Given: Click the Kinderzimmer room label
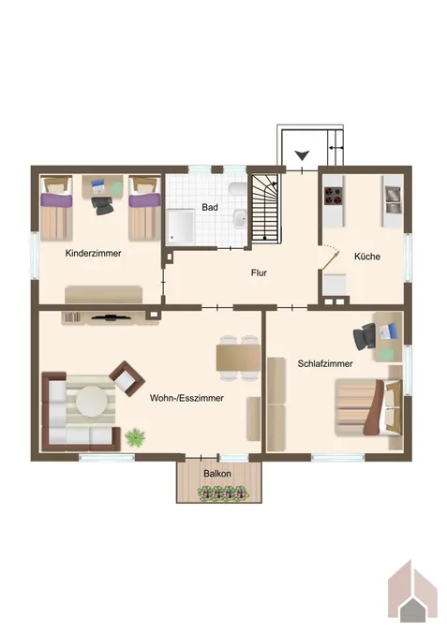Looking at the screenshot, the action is (93, 253).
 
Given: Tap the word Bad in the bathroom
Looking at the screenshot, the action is (210, 207).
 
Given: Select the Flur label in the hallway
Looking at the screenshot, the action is (259, 272).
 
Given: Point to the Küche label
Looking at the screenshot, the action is (367, 257).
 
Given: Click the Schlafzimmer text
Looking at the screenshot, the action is (325, 363).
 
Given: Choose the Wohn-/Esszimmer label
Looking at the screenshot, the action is (186, 398).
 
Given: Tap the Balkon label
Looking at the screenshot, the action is (217, 473).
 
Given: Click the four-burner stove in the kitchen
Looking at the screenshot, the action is (334, 196).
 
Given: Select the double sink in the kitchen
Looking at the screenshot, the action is (393, 199).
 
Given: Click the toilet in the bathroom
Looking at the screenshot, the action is (238, 188).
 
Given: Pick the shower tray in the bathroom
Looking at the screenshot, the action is (181, 227).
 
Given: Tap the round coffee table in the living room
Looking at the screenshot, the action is (92, 402).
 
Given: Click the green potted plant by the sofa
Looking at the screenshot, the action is (135, 437).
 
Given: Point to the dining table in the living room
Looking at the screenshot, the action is (238, 358).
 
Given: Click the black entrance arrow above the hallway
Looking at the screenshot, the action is (302, 155).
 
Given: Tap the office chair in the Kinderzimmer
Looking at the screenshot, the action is (102, 206).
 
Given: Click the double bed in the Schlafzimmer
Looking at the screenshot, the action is (368, 407).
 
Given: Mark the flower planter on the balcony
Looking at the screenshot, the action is (222, 493).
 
